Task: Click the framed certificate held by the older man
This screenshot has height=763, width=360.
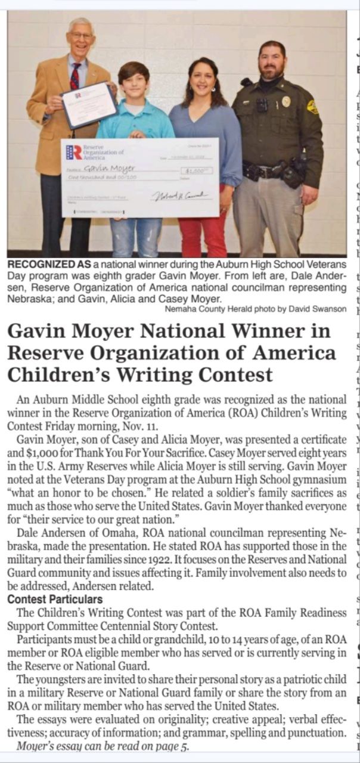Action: pos(89,104)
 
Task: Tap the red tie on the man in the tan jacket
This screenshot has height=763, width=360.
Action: pos(75,76)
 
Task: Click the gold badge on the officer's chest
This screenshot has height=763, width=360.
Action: pos(286,101)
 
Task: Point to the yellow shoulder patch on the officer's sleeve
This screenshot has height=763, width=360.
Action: pos(312,107)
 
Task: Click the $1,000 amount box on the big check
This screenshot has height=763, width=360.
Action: pos(196,170)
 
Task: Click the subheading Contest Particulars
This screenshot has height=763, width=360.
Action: pos(55,599)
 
